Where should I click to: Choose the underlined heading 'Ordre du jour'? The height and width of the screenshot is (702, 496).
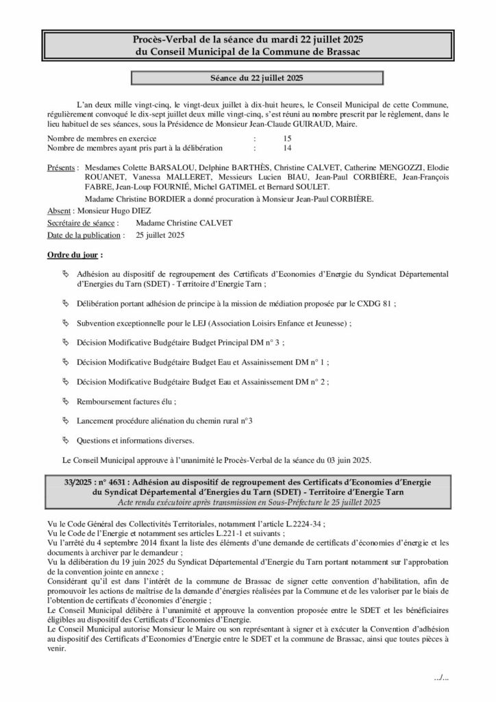coord(73,254)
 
